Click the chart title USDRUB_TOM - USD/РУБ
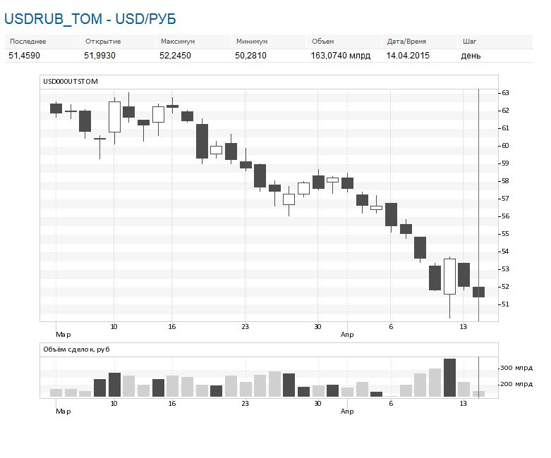point(90,19)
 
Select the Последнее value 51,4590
point(24,56)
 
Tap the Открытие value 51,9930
point(99,56)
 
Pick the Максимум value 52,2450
point(175,56)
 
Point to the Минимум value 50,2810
point(250,56)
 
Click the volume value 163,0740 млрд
point(341,56)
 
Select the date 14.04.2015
point(408,56)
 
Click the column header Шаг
point(469,42)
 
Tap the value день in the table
point(471,56)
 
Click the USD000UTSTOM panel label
point(71,82)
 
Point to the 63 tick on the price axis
point(505,92)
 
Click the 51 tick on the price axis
point(505,304)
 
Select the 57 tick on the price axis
point(505,198)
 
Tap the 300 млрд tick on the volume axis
point(516,368)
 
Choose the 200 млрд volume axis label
point(516,384)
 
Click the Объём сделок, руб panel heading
point(76,349)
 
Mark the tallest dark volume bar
point(450,378)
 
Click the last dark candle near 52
point(478,292)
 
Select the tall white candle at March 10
point(114,117)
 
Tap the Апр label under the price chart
point(347,335)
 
